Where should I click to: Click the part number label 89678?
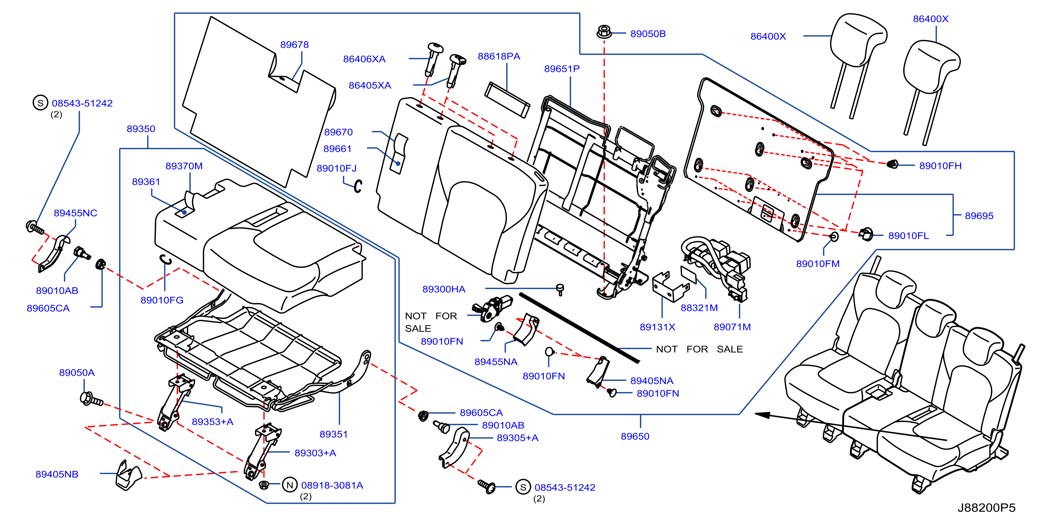294,45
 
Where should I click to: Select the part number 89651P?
562,69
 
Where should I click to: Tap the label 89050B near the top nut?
648,34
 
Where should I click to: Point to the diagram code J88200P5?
986,508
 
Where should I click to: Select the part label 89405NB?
57,474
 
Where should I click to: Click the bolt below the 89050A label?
91,399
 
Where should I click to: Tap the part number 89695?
979,216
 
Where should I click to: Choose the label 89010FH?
941,166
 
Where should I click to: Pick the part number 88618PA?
499,57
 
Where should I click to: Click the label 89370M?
184,166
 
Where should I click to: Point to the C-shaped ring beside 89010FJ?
358,186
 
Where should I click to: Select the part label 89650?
635,436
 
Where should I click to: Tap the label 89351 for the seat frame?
334,434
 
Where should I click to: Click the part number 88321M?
699,308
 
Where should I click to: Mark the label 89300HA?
444,289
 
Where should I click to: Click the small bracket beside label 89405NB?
128,475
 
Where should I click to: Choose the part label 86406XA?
364,59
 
